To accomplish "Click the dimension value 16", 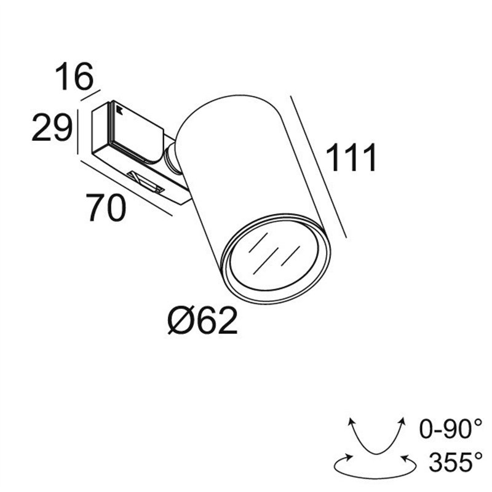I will (x=74, y=77).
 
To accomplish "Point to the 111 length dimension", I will (x=351, y=159).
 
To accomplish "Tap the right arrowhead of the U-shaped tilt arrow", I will (x=403, y=421).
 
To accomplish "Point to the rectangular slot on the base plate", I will (x=146, y=181).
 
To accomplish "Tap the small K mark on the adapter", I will (x=117, y=111).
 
